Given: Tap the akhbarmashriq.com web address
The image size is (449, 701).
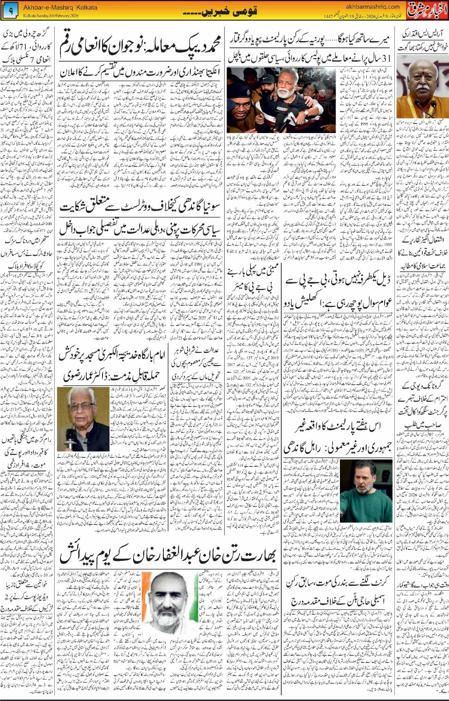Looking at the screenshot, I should click(371, 7).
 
